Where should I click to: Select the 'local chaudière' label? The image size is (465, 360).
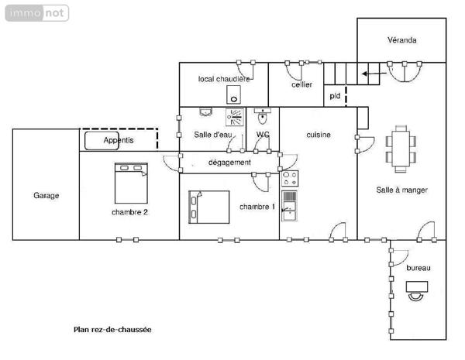224,79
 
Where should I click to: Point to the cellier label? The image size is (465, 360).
301,85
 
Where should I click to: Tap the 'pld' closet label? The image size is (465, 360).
335,96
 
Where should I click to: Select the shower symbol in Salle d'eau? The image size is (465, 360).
235,117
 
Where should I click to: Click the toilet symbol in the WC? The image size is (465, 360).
262,119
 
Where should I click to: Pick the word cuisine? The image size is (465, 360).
319,135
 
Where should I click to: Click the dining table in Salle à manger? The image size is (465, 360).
400,147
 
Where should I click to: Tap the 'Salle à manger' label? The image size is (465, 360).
402,190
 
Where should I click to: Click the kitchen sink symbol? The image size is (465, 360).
289,206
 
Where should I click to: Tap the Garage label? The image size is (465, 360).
46,196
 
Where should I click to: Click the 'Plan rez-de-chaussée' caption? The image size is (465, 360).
112,330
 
